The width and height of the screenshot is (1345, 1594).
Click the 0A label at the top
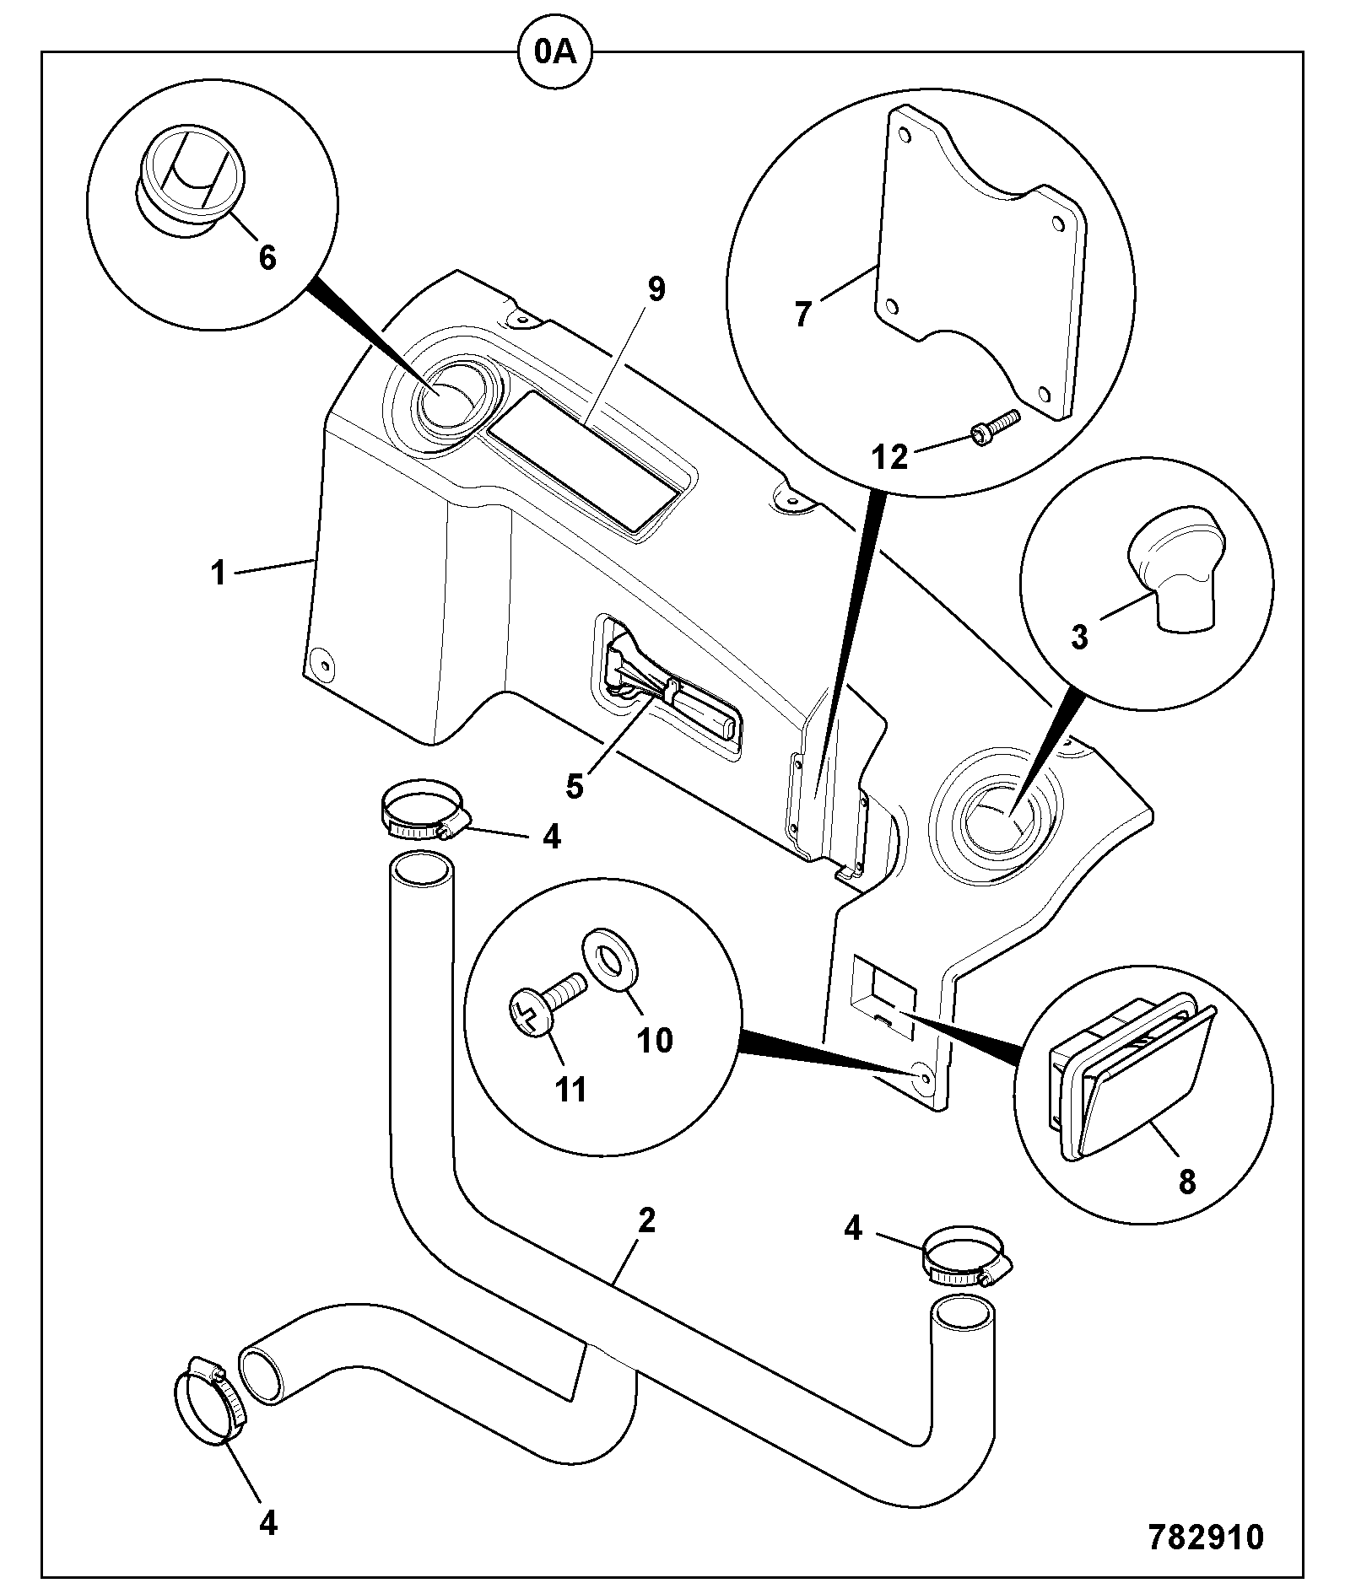554,53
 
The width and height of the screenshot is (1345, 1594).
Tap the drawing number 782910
1206,1537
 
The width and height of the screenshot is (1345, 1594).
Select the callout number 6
267,258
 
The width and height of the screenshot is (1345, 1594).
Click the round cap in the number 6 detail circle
189,180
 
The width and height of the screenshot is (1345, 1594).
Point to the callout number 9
656,289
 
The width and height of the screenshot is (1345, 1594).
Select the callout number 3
1079,638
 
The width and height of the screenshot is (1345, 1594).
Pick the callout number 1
219,574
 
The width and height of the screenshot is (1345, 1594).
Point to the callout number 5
574,786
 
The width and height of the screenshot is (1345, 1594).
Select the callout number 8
1186,1182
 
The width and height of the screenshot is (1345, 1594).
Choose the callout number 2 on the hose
646,1220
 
